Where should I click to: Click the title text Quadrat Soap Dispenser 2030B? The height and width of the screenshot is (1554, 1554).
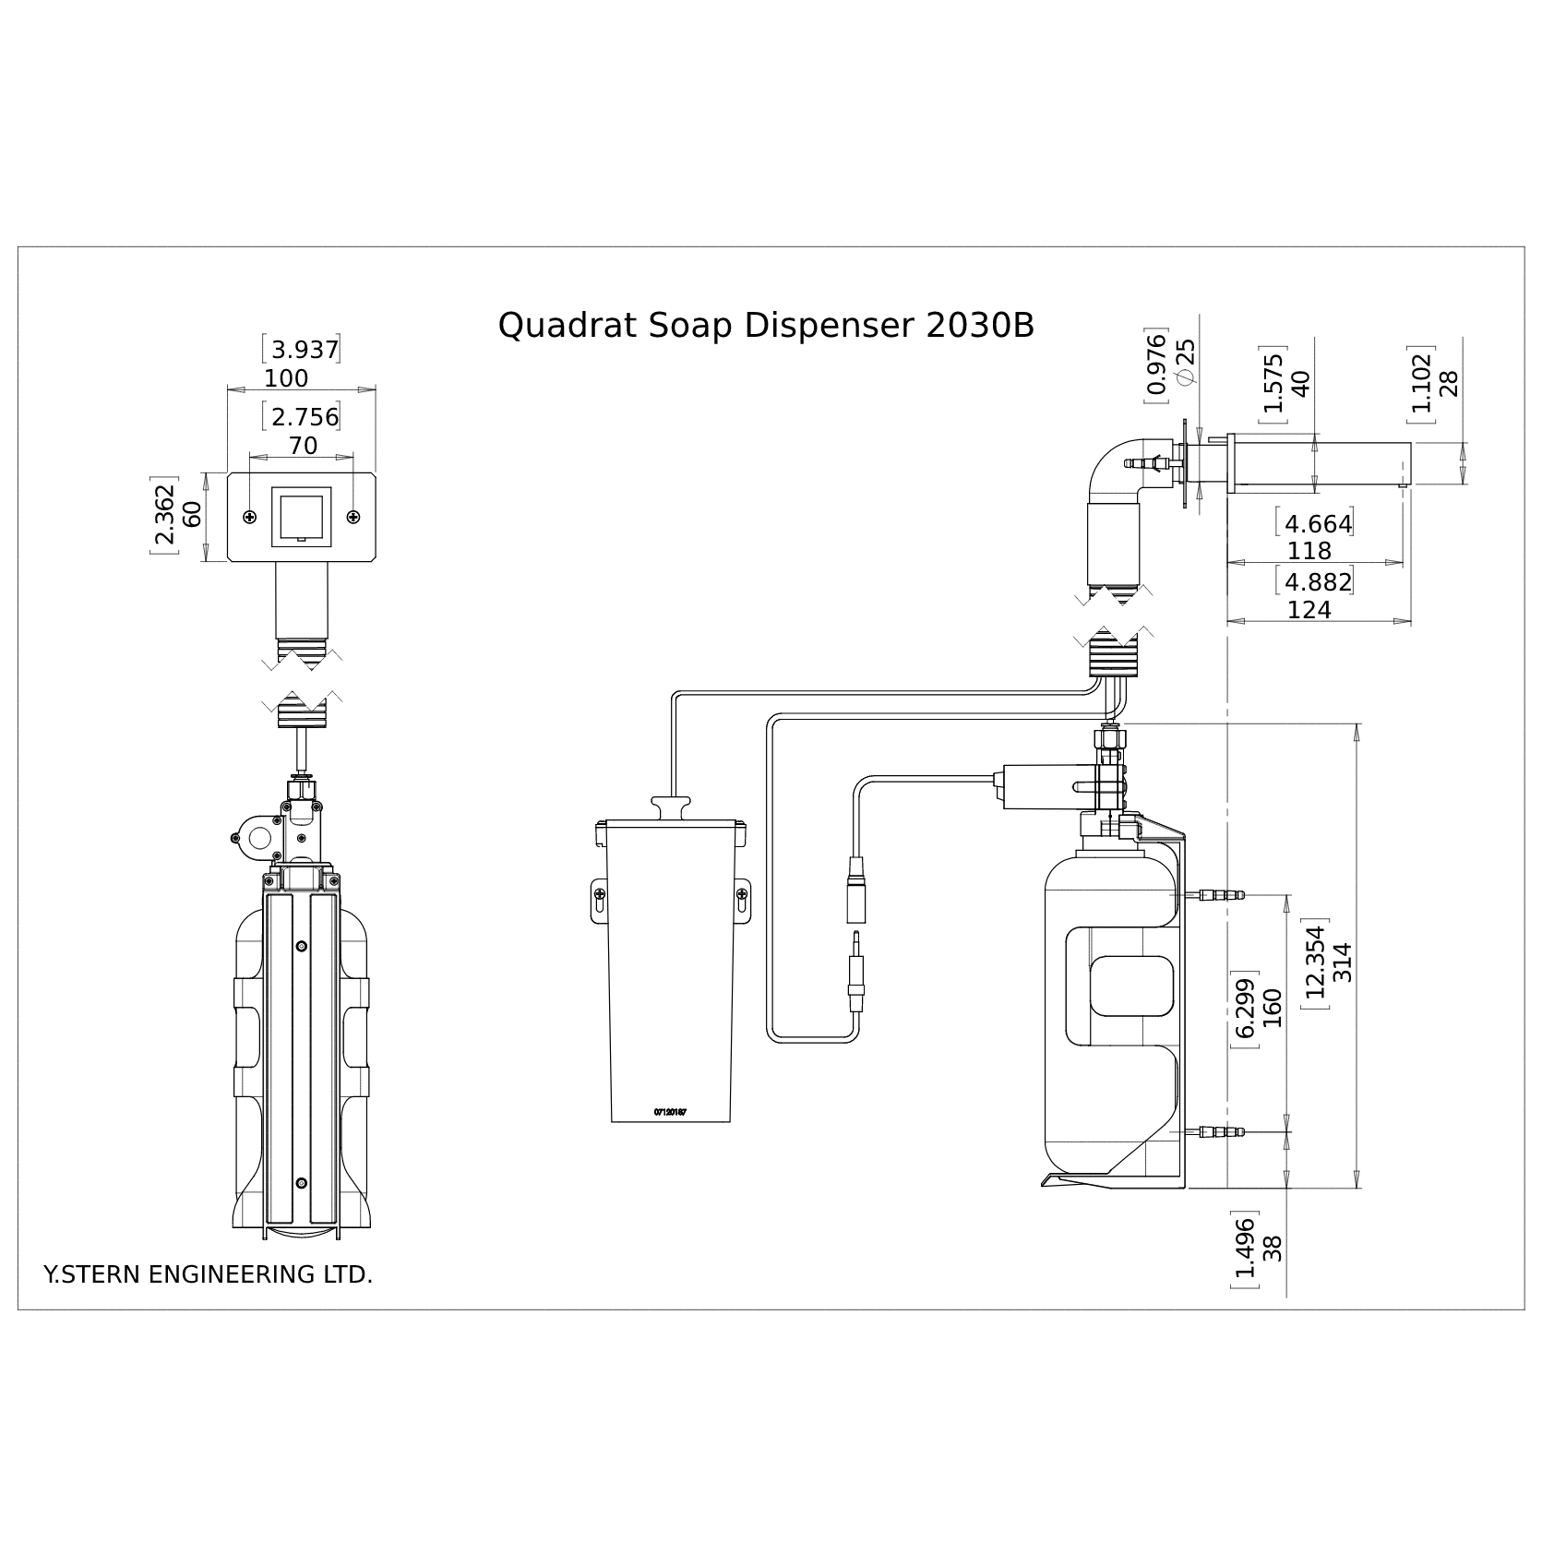[766, 326]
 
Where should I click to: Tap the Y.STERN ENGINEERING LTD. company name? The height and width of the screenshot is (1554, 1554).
[209, 1274]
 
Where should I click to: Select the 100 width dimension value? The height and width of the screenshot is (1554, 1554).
[286, 378]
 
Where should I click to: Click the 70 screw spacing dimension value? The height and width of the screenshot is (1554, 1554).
[303, 446]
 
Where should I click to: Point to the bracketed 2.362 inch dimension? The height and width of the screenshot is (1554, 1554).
[164, 519]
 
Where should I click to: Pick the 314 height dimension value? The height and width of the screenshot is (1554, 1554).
[1343, 962]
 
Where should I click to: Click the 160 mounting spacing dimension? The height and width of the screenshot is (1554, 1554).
[1273, 1008]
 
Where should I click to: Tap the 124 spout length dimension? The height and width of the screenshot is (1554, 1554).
[1309, 610]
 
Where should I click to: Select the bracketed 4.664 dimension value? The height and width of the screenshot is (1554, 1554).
[1318, 523]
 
